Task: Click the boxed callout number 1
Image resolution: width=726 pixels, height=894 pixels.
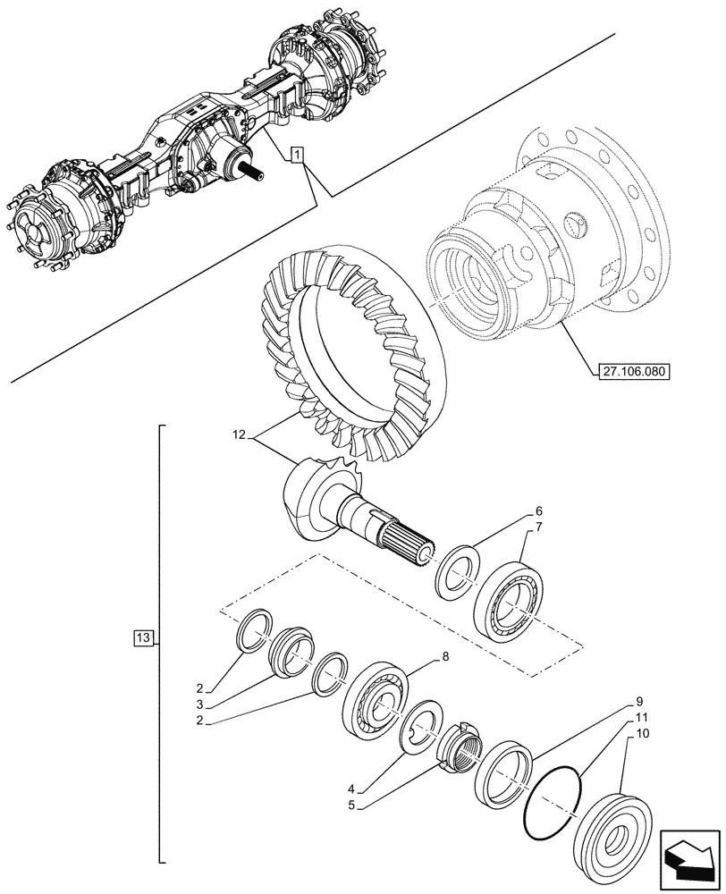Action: pyautogui.click(x=297, y=156)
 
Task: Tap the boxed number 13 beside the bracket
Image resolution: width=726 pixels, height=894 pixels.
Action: pyautogui.click(x=143, y=637)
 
